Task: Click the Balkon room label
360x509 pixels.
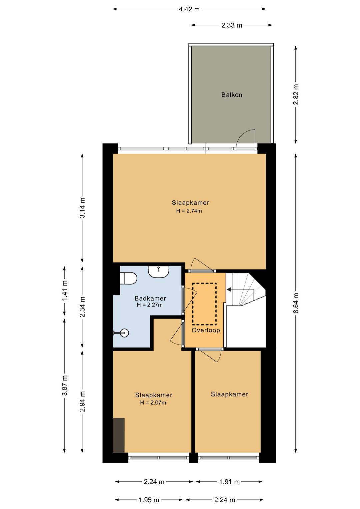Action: [232, 94]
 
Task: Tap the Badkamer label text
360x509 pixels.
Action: [150, 298]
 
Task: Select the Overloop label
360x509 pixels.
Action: [206, 330]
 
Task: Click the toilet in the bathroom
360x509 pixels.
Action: [128, 279]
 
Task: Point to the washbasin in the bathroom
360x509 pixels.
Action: [159, 272]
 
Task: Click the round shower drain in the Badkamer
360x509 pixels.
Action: [124, 333]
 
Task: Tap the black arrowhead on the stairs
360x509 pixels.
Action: [229, 289]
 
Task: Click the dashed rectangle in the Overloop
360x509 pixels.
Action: [204, 304]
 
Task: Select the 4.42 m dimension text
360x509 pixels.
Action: [189, 9]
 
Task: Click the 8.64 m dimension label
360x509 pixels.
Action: [295, 303]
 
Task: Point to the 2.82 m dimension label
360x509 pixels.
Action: [295, 94]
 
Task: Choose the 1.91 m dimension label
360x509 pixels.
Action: [229, 482]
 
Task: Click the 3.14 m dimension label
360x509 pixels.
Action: [82, 208]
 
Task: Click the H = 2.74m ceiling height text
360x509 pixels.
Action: [189, 211]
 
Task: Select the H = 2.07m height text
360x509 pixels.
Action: [153, 403]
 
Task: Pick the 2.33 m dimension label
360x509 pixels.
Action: [232, 25]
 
